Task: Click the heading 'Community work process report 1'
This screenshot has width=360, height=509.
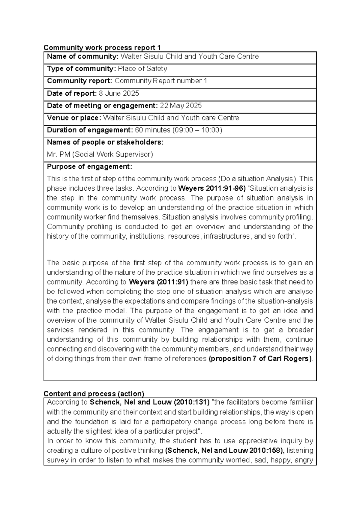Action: [x=102, y=48]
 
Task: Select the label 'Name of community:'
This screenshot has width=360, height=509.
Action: [x=83, y=57]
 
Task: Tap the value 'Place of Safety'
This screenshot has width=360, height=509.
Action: [x=142, y=69]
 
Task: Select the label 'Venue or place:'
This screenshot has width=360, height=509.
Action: [x=74, y=118]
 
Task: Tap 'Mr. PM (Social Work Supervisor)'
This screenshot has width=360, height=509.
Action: [x=100, y=155]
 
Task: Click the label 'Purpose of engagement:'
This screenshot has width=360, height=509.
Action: [x=89, y=167]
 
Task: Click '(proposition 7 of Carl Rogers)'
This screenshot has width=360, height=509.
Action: [x=260, y=359]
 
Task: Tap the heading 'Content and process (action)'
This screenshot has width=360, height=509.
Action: [x=94, y=394]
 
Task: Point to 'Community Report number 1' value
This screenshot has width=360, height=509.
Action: [x=161, y=81]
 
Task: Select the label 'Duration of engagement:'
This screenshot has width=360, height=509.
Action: [x=90, y=130]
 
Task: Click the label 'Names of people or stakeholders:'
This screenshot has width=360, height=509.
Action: [x=105, y=142]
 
